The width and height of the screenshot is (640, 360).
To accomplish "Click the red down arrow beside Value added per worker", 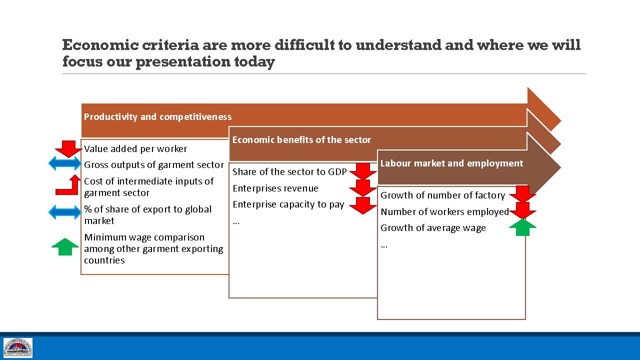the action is click(68, 148).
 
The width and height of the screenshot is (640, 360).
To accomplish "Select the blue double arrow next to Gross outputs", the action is click(65, 163).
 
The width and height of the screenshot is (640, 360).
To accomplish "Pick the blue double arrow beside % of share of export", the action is click(65, 212).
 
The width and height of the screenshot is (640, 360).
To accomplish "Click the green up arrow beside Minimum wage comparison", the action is click(65, 247).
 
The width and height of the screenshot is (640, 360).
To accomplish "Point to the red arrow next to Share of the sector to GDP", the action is click(363, 171).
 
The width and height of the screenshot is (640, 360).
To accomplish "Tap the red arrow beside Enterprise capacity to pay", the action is click(363, 205).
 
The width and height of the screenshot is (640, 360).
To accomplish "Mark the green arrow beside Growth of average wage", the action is click(522, 227).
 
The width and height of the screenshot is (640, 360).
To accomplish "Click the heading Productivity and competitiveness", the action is click(157, 117).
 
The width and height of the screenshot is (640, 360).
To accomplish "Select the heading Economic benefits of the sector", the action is click(301, 139).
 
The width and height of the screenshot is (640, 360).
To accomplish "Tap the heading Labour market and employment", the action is click(451, 163).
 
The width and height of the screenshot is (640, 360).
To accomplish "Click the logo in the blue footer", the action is click(17, 347).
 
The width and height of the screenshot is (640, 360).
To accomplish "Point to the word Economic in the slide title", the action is click(100, 45).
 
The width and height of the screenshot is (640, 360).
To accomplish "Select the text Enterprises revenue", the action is click(275, 188).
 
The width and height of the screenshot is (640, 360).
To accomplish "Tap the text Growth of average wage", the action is click(433, 228).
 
